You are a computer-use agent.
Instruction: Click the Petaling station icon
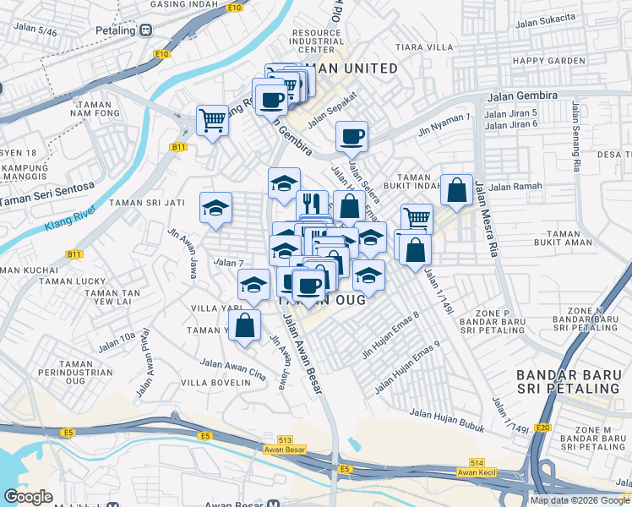pos(146,30)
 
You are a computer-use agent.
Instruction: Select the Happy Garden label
pos(548,61)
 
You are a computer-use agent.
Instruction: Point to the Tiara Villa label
pos(429,47)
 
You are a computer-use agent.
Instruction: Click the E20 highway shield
pos(542,427)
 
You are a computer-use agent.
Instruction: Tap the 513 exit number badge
pos(286,439)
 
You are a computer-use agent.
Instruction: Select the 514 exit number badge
pos(477,462)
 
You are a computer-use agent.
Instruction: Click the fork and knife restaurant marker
pos(311,203)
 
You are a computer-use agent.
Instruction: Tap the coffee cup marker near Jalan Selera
pos(351,134)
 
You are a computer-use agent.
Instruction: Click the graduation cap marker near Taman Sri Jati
pos(215,206)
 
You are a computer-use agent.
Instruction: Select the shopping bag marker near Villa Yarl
pos(245,324)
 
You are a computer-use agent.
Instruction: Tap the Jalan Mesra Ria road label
pos(486,218)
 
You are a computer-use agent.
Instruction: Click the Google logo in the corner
pos(28,497)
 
